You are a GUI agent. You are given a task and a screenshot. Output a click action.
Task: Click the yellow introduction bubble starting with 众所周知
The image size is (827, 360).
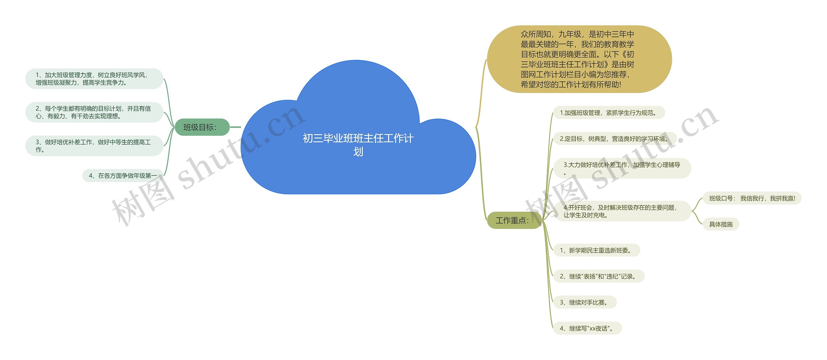[x=579, y=59]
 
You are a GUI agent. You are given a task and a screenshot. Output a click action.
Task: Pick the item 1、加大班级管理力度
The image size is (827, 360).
[x=94, y=79]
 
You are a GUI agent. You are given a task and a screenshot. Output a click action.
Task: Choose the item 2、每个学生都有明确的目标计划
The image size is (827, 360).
[x=94, y=112]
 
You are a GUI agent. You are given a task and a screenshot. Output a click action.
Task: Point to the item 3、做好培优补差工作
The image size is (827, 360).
[x=94, y=146]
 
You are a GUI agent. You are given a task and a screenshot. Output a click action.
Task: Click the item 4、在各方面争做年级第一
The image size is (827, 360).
[x=123, y=176]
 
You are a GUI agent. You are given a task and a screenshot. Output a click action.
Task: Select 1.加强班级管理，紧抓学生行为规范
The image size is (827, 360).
[x=609, y=113]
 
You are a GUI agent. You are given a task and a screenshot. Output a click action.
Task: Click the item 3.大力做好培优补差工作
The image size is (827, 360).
[x=622, y=168]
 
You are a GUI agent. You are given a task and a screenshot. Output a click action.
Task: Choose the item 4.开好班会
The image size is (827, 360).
[x=622, y=211]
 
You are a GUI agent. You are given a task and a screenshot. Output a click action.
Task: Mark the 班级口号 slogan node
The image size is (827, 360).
[x=752, y=198]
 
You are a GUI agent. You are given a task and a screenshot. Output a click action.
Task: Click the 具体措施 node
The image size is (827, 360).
[x=721, y=224]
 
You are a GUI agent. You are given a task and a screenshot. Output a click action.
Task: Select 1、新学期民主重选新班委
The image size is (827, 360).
[x=596, y=250]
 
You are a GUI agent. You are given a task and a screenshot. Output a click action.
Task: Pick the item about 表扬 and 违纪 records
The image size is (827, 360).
[x=599, y=276]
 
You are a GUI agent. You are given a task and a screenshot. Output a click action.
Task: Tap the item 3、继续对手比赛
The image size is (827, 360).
[x=585, y=303]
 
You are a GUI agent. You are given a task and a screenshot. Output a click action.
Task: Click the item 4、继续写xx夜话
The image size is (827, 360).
[x=587, y=328]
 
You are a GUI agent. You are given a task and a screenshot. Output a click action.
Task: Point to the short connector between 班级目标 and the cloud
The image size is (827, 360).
[x=235, y=127]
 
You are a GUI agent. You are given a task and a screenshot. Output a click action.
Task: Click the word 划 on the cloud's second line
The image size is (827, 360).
[x=358, y=152]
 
